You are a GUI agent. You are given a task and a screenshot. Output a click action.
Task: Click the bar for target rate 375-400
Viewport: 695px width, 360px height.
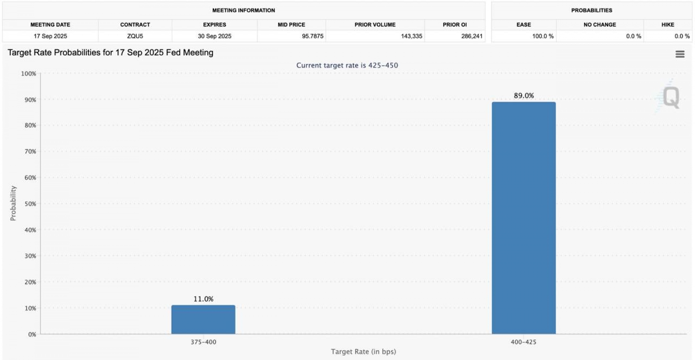203,319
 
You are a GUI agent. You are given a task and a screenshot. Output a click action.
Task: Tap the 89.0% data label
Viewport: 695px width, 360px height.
524,96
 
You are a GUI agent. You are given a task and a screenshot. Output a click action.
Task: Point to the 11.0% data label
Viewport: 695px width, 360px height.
203,299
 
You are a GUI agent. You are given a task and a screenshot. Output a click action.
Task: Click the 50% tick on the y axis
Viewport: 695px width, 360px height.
30,204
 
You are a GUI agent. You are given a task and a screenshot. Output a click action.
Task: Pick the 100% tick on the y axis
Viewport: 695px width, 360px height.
29,73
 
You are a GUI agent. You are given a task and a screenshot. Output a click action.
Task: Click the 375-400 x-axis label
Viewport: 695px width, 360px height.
203,342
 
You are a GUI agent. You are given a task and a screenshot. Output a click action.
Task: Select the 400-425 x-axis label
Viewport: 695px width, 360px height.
523,342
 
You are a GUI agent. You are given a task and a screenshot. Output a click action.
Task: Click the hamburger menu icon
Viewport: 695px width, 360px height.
680,54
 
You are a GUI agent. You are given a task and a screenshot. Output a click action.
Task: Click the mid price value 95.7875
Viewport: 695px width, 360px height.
313,36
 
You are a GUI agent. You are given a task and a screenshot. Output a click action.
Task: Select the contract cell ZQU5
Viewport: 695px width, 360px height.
135,36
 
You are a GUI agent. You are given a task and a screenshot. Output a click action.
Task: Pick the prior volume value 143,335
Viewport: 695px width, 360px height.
411,36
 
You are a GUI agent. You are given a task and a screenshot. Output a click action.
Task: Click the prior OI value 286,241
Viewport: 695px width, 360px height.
472,36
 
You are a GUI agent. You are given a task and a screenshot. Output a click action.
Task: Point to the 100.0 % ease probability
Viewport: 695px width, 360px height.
543,36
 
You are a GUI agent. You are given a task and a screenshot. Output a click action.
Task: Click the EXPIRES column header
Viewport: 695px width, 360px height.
214,25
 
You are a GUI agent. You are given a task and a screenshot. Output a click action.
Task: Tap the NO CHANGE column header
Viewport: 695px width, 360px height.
599,25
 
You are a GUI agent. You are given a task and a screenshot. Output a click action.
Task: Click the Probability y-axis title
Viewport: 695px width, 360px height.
13,203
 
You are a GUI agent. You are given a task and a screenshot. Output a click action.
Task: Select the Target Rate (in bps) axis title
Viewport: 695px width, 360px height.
363,352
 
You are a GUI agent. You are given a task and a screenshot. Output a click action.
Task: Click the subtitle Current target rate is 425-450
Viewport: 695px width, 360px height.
347,65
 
